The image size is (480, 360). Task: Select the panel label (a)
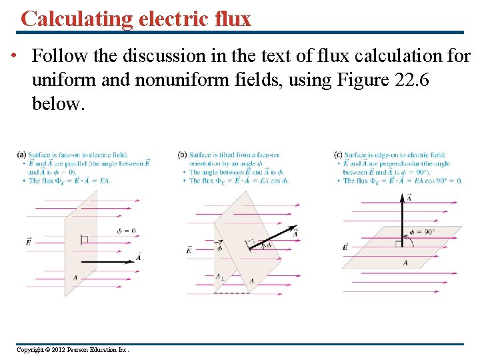21,155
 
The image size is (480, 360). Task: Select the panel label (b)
183,155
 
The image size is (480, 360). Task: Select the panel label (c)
338,155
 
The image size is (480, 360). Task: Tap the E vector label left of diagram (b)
189,249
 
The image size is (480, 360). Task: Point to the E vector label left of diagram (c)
345,247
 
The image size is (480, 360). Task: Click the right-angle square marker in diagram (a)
84,239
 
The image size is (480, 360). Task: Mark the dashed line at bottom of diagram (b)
231,293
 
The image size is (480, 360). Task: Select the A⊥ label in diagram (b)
219,276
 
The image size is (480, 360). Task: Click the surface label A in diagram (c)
405,263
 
